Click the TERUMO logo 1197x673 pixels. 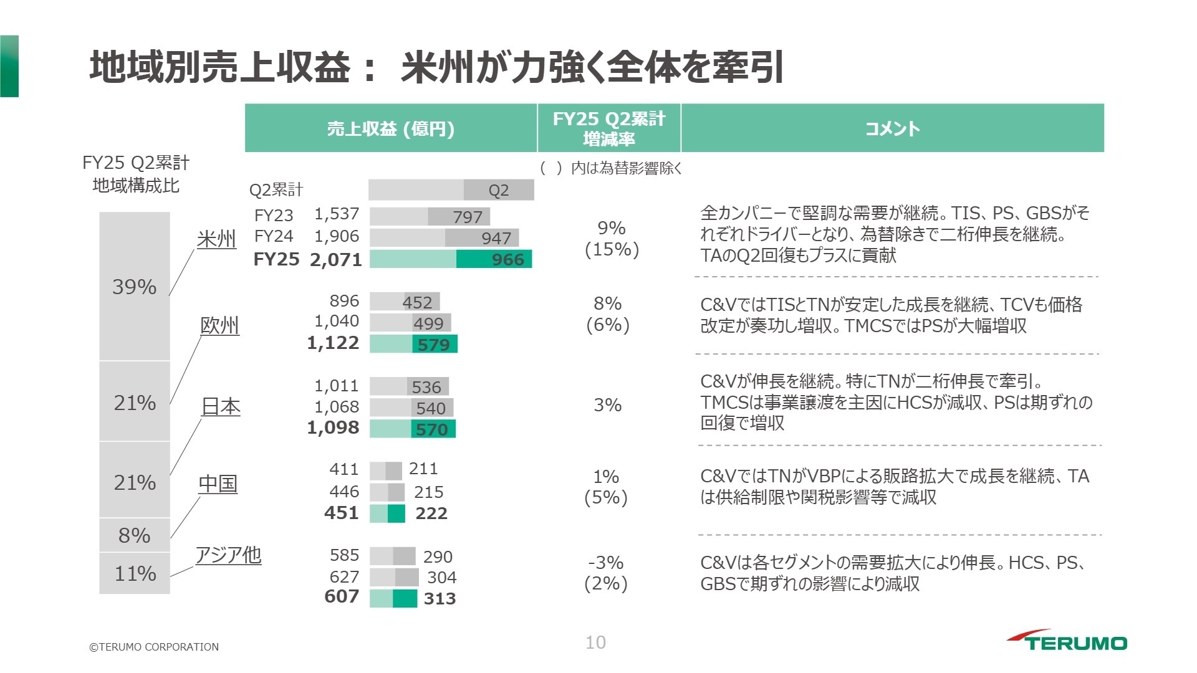click(x=1067, y=641)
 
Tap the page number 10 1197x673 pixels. click(x=595, y=642)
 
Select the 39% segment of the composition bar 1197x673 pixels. click(x=135, y=286)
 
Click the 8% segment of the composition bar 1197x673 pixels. click(x=135, y=535)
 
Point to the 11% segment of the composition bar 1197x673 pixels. click(x=135, y=573)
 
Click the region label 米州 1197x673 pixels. click(x=216, y=239)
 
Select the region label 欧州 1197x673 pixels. click(x=219, y=325)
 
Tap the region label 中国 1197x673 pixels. click(x=218, y=484)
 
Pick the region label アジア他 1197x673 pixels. click(x=228, y=555)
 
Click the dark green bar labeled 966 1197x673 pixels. click(x=494, y=259)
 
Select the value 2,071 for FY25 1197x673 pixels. click(x=336, y=259)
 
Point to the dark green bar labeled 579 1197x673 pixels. click(x=435, y=344)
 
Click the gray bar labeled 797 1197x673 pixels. click(x=459, y=217)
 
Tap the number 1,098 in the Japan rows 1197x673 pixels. click(x=333, y=427)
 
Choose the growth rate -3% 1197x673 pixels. click(x=605, y=563)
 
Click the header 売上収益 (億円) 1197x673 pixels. click(x=391, y=128)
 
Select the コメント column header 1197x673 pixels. click(x=892, y=128)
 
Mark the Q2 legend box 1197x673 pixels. click(x=498, y=190)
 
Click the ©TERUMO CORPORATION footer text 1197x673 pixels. click(x=154, y=647)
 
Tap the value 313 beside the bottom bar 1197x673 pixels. click(x=440, y=599)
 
